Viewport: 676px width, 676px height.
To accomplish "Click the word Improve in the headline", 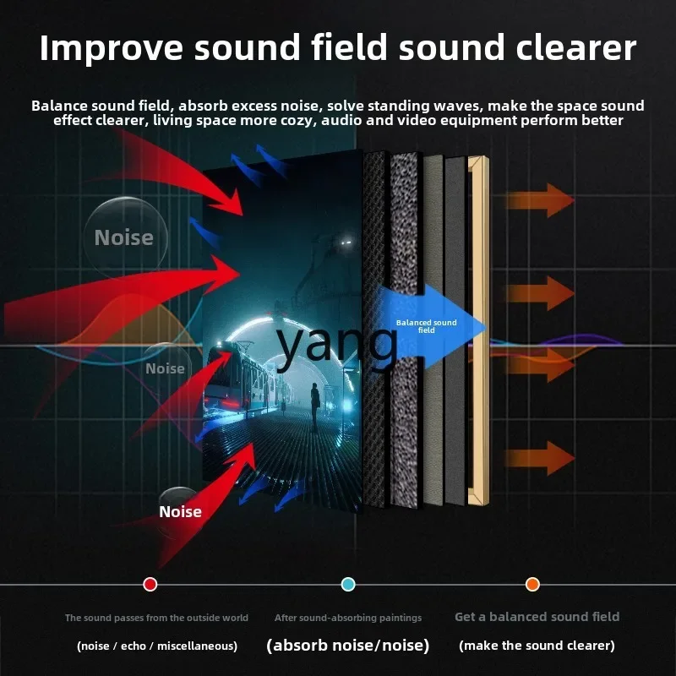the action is click(112, 48).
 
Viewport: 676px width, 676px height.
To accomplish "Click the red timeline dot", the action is click(150, 584).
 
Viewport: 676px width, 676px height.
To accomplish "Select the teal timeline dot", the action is click(348, 584).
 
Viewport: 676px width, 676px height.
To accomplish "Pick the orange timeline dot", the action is click(532, 584).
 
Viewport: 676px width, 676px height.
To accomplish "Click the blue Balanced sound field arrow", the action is click(431, 327).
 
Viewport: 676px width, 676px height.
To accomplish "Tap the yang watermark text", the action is click(336, 344).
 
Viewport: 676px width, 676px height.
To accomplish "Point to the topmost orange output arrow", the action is click(540, 200).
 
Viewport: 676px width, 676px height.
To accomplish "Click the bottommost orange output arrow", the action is click(540, 458).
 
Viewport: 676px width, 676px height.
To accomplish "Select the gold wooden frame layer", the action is click(478, 330).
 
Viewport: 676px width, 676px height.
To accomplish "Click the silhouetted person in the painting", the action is click(315, 406).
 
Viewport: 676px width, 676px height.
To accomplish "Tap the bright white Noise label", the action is click(180, 512).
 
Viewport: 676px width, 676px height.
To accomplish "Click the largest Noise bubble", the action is click(125, 237).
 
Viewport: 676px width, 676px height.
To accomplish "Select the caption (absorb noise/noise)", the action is click(348, 646).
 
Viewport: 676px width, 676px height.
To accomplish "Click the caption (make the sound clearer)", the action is click(537, 646).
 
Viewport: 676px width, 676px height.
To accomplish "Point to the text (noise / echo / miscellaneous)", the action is click(157, 646).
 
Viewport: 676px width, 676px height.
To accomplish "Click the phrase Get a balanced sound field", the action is click(537, 617).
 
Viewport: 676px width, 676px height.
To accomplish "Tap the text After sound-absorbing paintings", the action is click(348, 618).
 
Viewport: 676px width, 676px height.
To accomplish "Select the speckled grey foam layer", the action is click(405, 329).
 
